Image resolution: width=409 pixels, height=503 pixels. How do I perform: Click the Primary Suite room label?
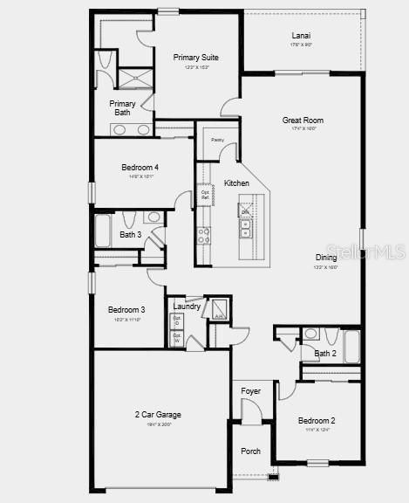[x=195, y=58]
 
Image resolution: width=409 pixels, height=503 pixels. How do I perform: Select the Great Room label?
[x=303, y=121]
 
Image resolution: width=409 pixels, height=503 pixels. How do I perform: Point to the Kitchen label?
[x=236, y=183]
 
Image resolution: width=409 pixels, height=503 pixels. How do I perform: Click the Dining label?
[x=326, y=258]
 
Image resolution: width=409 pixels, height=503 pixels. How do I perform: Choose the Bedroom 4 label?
[x=140, y=167]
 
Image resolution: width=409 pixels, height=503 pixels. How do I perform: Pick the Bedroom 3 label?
[x=126, y=309]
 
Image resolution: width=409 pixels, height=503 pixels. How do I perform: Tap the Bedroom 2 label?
[x=316, y=420]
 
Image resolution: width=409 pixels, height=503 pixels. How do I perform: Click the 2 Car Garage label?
[x=158, y=414]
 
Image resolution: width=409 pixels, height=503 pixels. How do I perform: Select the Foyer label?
[x=250, y=390]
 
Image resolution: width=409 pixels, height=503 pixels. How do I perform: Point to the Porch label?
[x=250, y=451]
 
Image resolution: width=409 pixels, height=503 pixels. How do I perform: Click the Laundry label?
[x=187, y=307]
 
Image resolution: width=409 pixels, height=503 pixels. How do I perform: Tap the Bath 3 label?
[x=131, y=235]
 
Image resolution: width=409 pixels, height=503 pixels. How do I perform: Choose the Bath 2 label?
[x=325, y=354]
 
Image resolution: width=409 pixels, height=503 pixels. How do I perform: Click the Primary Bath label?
[x=122, y=108]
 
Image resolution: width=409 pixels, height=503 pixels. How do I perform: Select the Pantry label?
[x=217, y=140]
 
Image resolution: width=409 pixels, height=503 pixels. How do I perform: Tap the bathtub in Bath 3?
[x=103, y=231]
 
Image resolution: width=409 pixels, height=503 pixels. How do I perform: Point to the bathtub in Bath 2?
[x=351, y=346]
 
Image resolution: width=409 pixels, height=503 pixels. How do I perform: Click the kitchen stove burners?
[x=203, y=235]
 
